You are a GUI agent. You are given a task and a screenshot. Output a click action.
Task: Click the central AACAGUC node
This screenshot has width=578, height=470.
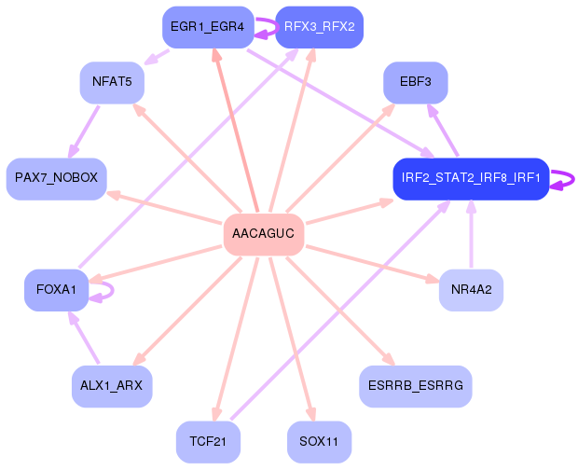click(264, 234)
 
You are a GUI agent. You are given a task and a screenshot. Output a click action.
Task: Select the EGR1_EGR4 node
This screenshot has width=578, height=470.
click(208, 27)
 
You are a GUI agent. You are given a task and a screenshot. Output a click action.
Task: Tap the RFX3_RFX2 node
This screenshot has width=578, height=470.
click(319, 27)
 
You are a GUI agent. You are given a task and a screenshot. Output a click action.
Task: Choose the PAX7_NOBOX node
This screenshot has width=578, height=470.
click(56, 179)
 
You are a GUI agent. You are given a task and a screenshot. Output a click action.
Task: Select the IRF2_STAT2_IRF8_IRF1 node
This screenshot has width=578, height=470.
click(471, 179)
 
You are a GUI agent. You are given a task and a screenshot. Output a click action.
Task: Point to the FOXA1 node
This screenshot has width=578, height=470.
click(56, 290)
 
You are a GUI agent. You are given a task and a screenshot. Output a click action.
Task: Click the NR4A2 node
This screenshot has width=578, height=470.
click(471, 290)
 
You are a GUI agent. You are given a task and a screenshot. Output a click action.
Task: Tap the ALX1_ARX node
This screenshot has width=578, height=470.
click(112, 386)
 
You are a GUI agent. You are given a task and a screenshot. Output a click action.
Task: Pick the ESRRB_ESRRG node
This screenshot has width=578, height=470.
click(416, 386)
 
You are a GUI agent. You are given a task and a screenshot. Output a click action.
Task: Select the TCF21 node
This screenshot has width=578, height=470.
click(208, 442)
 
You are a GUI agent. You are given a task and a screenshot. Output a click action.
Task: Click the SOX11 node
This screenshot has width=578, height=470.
click(319, 442)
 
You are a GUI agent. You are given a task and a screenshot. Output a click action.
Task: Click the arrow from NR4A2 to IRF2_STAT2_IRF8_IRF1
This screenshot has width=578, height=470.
click(471, 234)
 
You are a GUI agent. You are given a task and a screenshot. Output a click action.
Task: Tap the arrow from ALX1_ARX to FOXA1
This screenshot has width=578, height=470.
click(84, 338)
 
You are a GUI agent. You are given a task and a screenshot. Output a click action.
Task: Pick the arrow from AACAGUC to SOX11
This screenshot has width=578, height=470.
click(293, 339)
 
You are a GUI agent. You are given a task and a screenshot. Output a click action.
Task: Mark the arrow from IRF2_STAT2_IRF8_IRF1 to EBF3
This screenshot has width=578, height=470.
click(443, 130)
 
